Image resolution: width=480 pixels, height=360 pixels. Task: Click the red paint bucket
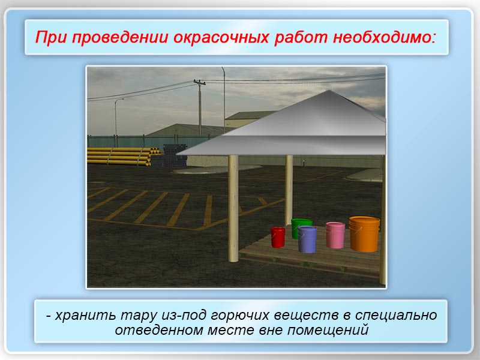point(278,237)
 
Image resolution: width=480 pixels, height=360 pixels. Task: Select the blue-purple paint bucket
point(307,239)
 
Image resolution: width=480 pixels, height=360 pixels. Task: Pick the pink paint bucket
point(335,235)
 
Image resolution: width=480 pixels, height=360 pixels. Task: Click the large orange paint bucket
point(364,234)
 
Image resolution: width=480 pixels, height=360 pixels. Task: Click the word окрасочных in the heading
point(221,37)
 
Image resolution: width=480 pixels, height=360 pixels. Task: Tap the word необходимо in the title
point(385,37)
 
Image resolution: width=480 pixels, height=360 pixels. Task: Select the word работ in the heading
point(301,37)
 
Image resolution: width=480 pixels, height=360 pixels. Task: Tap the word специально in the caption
point(396,315)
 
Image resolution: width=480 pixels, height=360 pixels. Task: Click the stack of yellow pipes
point(122,156)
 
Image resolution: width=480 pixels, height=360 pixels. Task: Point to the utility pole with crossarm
point(200,107)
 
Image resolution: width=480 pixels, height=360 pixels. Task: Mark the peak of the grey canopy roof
point(329,91)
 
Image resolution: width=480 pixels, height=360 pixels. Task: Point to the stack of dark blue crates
point(174,155)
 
